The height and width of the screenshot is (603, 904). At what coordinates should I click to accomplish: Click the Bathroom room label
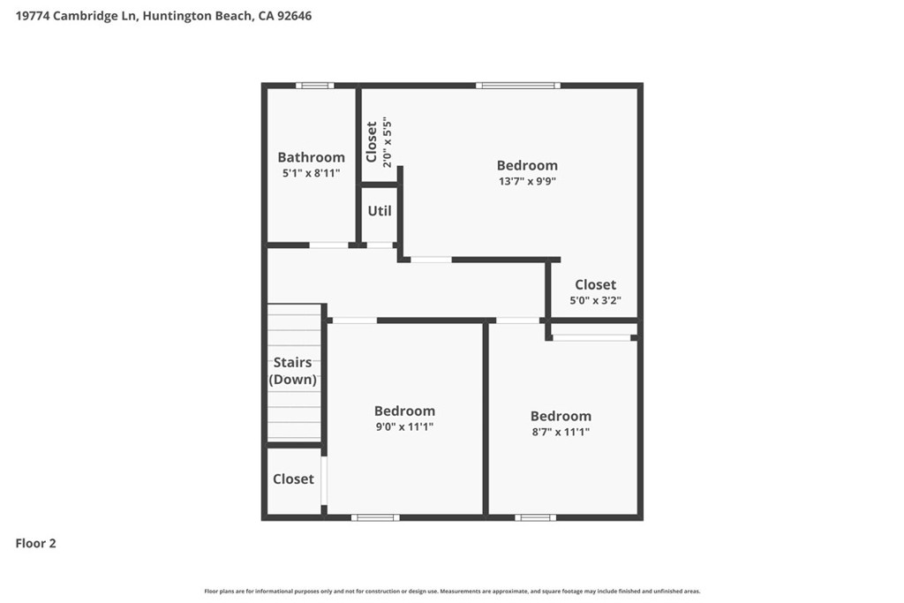click(311, 157)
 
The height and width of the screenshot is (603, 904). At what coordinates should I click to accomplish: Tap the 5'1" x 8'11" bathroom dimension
click(311, 174)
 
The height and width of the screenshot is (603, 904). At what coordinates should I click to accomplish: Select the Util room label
click(380, 211)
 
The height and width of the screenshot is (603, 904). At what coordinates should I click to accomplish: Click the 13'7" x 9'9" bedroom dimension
click(527, 181)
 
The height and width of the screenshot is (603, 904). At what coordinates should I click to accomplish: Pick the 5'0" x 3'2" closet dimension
click(595, 300)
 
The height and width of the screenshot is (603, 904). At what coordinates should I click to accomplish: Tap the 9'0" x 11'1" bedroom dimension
click(404, 426)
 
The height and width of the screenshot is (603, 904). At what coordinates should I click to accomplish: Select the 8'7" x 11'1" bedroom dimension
click(561, 432)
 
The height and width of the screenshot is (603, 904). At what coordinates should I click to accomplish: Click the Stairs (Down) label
click(293, 371)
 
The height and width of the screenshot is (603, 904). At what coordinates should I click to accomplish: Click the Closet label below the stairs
click(293, 479)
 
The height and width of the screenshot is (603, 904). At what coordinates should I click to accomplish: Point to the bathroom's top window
click(314, 86)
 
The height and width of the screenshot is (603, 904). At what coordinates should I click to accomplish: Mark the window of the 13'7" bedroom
click(517, 86)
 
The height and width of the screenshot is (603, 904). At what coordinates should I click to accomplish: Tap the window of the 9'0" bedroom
click(375, 517)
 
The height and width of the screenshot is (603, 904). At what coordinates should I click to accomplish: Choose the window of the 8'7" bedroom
click(536, 517)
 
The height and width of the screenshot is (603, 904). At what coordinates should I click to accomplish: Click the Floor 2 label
click(36, 544)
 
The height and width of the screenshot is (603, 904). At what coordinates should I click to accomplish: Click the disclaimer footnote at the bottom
click(452, 592)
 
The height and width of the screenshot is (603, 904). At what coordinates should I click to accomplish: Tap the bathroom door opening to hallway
click(328, 245)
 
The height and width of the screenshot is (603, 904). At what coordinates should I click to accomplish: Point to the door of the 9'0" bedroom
click(354, 320)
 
